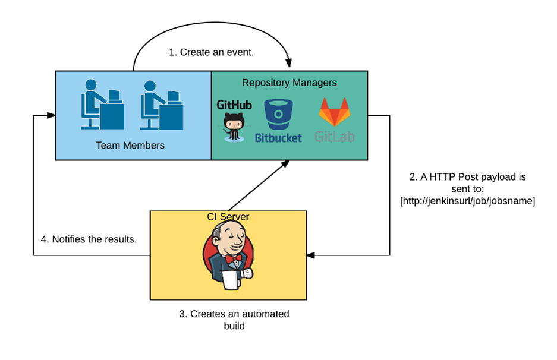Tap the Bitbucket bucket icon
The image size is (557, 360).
(278, 115)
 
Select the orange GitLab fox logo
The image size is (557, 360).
(335, 113)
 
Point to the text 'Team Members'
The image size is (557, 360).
(130, 145)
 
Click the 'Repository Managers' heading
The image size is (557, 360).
(289, 83)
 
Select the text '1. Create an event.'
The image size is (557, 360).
(211, 52)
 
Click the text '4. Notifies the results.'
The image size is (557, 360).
(89, 240)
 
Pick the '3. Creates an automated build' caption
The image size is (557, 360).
(234, 320)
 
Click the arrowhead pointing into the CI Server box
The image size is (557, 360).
(311, 255)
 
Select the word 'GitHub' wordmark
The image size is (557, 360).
(234, 105)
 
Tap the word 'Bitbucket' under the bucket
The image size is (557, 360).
(278, 138)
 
